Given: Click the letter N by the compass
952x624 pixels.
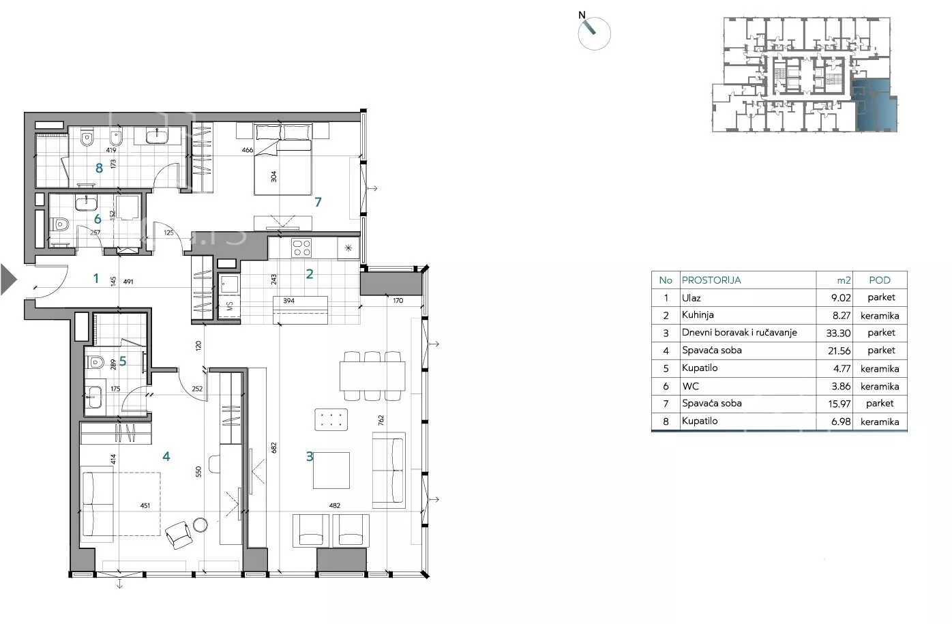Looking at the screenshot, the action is coord(582,15).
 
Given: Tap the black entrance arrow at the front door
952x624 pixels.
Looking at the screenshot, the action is coord(8,280).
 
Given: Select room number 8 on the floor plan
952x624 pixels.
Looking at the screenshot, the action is coord(99,168).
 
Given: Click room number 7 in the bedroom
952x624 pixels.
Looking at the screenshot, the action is coord(318,202).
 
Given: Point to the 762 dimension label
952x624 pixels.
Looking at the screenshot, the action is coord(381,420).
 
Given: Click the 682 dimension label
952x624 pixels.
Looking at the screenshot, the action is coord(273,447).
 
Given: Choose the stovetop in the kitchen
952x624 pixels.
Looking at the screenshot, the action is coord(301,248).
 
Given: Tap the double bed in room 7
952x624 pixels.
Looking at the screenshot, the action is coord(283,160).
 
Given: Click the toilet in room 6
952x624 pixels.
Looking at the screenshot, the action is coord(59,224).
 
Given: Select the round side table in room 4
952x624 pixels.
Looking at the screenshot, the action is coord(200,525).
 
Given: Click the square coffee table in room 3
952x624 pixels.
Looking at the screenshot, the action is coord(331,471).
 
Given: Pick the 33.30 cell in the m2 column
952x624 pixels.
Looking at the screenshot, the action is coord(838,333).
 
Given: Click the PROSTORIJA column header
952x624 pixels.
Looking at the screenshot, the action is coord(711,280).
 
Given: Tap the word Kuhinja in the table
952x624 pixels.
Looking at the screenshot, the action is coord(698,315).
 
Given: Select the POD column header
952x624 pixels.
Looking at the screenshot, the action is coord(879,280).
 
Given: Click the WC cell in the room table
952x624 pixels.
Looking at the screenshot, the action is coord(690,386).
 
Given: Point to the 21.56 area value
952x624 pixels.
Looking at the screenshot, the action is coord(839,351).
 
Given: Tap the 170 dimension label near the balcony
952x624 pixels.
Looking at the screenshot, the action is coord(398,301).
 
